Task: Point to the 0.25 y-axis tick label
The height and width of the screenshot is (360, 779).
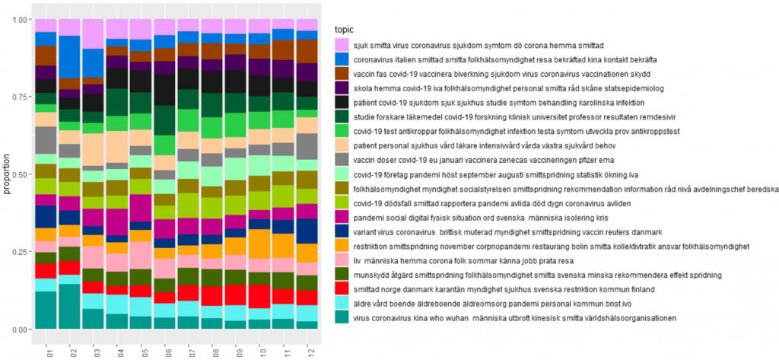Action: [x=21, y=252]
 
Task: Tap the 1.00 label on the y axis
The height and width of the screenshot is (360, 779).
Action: [x=21, y=19]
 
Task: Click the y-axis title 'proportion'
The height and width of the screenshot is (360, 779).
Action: [x=7, y=174]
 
